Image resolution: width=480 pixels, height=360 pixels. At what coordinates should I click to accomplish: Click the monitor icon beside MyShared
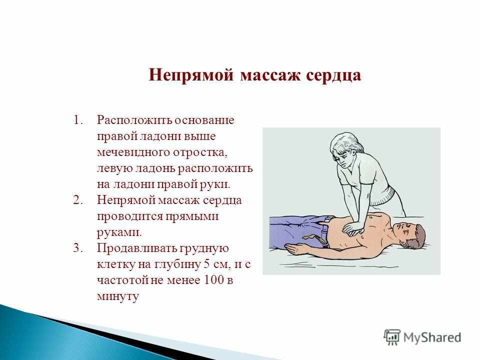point(393,336)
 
